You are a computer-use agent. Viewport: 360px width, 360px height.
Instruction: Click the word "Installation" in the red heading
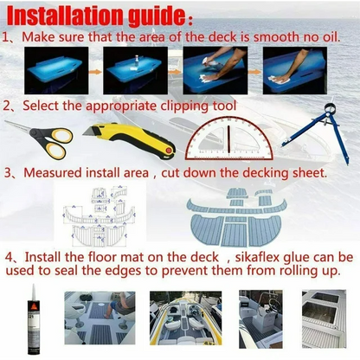click(66, 16)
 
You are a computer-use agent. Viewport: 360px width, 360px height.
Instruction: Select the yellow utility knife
click(129, 138)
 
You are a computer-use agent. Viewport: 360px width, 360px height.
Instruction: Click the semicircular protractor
click(228, 138)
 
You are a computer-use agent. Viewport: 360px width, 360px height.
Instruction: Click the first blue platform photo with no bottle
click(56, 70)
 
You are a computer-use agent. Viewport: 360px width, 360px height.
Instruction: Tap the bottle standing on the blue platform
click(136, 61)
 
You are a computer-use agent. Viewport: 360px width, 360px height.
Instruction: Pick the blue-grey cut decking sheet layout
click(236, 217)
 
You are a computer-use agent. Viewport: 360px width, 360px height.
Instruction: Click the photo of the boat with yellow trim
click(186, 318)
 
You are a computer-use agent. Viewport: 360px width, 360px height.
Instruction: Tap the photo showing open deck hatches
click(325, 318)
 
